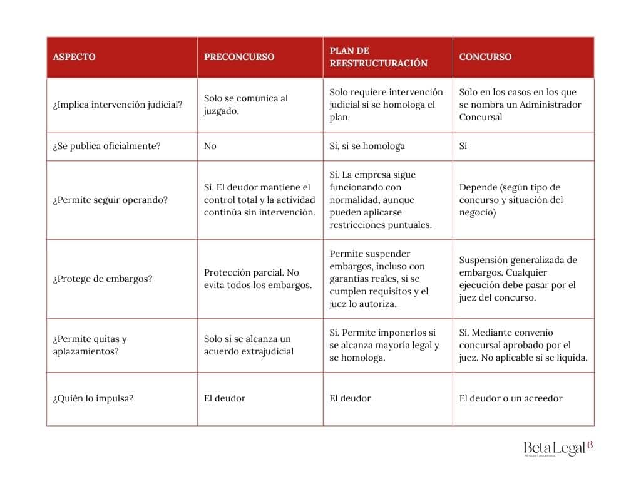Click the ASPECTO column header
74,57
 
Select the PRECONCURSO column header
239,57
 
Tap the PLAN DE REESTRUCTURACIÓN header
378,57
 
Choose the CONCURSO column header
485,57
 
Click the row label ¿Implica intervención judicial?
118,105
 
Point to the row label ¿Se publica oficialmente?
106,146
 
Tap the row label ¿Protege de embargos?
103,279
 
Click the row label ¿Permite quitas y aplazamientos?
90,345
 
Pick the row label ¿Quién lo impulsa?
93,398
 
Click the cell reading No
210,146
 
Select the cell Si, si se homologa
367,146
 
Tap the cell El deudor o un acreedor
511,398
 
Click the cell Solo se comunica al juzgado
246,105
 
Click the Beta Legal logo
558,448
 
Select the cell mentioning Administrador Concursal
520,105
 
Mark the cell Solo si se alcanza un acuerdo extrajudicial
249,345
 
